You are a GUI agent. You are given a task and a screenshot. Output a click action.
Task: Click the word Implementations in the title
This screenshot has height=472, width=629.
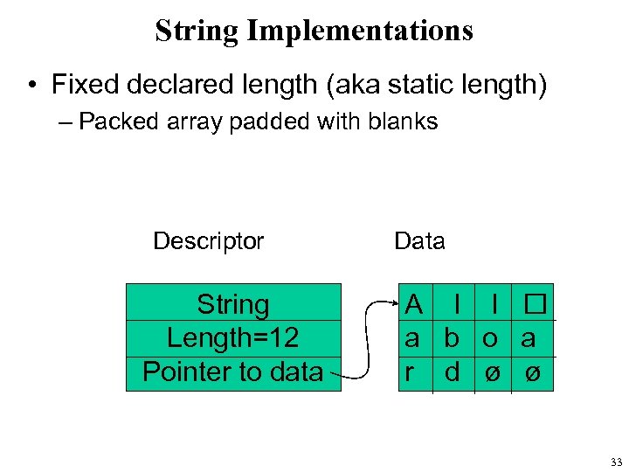[x=360, y=31]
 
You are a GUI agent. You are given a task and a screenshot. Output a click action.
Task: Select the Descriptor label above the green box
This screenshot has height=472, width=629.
[x=208, y=241]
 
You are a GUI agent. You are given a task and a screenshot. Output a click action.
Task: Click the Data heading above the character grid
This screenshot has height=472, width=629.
[x=419, y=241]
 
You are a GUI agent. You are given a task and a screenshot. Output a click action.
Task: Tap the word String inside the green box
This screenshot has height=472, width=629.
[x=233, y=305]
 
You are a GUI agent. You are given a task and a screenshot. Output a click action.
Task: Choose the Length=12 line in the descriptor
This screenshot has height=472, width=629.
[x=233, y=338]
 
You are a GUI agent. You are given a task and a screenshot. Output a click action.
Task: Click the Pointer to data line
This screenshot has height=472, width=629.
[x=233, y=371]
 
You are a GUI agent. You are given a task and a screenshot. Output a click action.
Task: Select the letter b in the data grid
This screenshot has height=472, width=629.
[x=452, y=338]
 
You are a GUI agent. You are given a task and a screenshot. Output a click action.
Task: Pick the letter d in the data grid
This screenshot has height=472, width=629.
[x=452, y=371]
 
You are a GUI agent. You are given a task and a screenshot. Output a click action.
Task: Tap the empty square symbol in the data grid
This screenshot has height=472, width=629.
[x=534, y=305]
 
